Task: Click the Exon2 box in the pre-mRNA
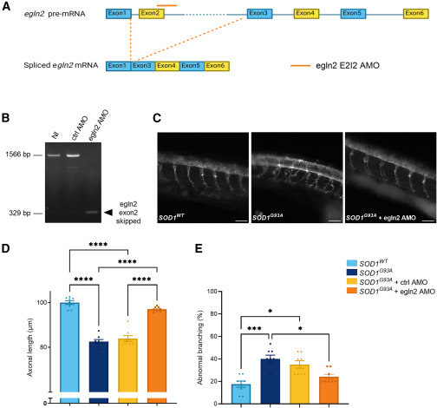click(152, 14)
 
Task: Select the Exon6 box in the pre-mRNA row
click(415, 14)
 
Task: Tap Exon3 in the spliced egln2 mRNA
click(143, 66)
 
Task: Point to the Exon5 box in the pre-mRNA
click(353, 14)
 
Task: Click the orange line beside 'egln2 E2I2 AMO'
click(301, 66)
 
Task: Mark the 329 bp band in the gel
click(92, 212)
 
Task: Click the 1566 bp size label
click(18, 155)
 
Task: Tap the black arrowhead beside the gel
click(108, 213)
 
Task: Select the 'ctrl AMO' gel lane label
click(80, 128)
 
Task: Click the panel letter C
click(157, 118)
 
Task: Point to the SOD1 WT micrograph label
click(171, 218)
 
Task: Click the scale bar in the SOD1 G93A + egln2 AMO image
click(430, 221)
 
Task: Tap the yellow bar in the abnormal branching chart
click(299, 384)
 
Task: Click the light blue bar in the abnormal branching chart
click(241, 394)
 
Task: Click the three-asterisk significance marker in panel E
click(255, 329)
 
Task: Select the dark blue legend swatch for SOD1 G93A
click(352, 273)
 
